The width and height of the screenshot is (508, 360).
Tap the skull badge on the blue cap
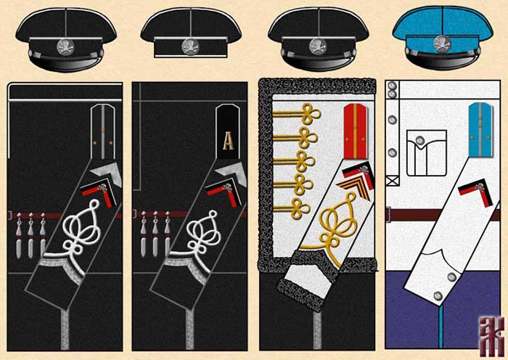click(444, 46)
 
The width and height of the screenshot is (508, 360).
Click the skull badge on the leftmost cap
click(65, 46)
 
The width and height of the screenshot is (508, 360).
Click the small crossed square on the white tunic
click(393, 180)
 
